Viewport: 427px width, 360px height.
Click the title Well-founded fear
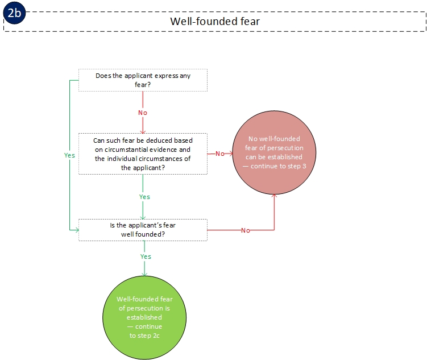pyautogui.click(x=215, y=21)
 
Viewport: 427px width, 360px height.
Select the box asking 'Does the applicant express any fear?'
pyautogui.click(x=143, y=80)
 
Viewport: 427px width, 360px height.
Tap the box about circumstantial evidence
pyautogui.click(x=143, y=154)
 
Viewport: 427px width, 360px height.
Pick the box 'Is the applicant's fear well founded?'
pyautogui.click(x=143, y=230)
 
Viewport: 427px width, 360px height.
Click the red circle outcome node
pyautogui.click(x=274, y=154)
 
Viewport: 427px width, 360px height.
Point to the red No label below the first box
pyautogui.click(x=143, y=113)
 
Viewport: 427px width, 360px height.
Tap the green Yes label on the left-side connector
pyautogui.click(x=69, y=155)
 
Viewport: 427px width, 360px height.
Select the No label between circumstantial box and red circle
pyautogui.click(x=219, y=154)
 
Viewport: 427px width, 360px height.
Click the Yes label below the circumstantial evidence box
pyautogui.click(x=144, y=197)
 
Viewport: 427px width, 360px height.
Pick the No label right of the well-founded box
pyautogui.click(x=246, y=230)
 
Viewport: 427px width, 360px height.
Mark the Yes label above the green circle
pyautogui.click(x=146, y=256)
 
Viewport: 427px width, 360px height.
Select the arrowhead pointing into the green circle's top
pyautogui.click(x=144, y=274)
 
